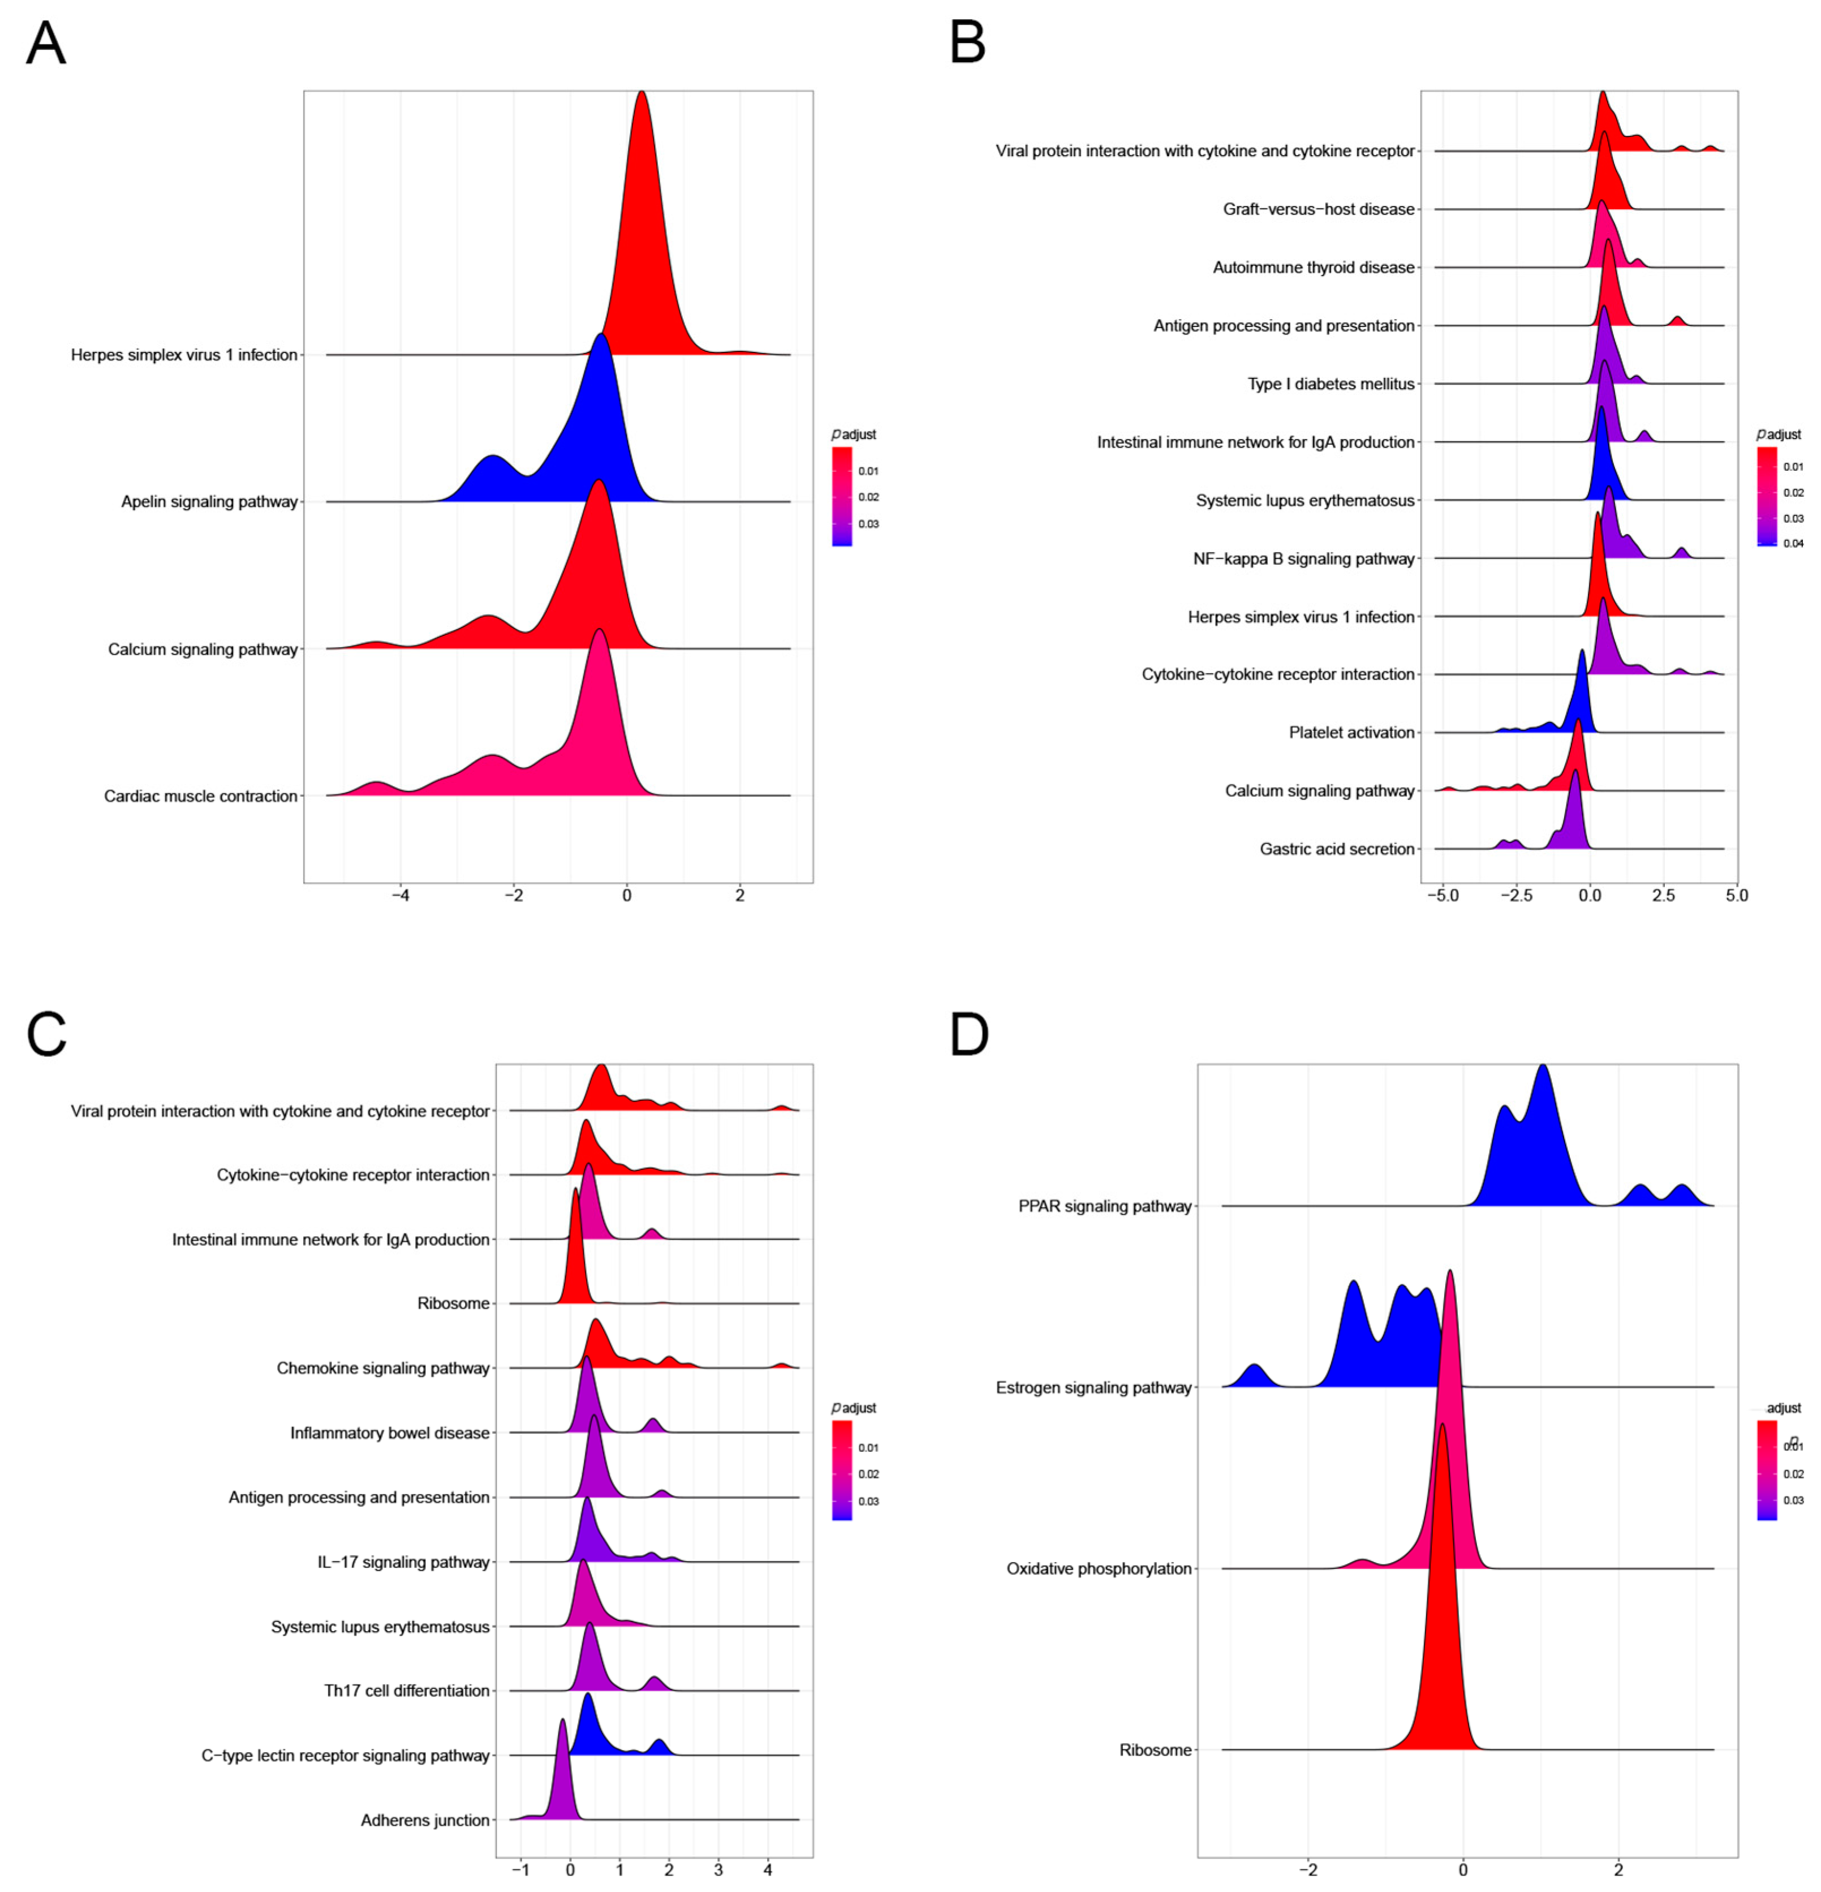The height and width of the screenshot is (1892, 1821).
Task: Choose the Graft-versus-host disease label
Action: point(1318,209)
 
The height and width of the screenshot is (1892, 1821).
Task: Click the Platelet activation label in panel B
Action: point(1351,733)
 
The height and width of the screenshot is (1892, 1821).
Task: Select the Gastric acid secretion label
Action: point(1337,849)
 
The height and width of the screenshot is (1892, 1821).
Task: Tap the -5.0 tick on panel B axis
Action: point(1442,896)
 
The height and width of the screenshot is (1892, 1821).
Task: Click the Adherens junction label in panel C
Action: point(425,1821)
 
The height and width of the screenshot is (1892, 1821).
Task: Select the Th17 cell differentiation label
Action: point(406,1691)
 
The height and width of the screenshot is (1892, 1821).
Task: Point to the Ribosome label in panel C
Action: point(453,1304)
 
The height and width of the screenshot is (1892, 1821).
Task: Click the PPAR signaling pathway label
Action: point(1104,1207)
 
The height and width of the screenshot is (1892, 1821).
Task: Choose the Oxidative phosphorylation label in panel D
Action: point(1098,1568)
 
